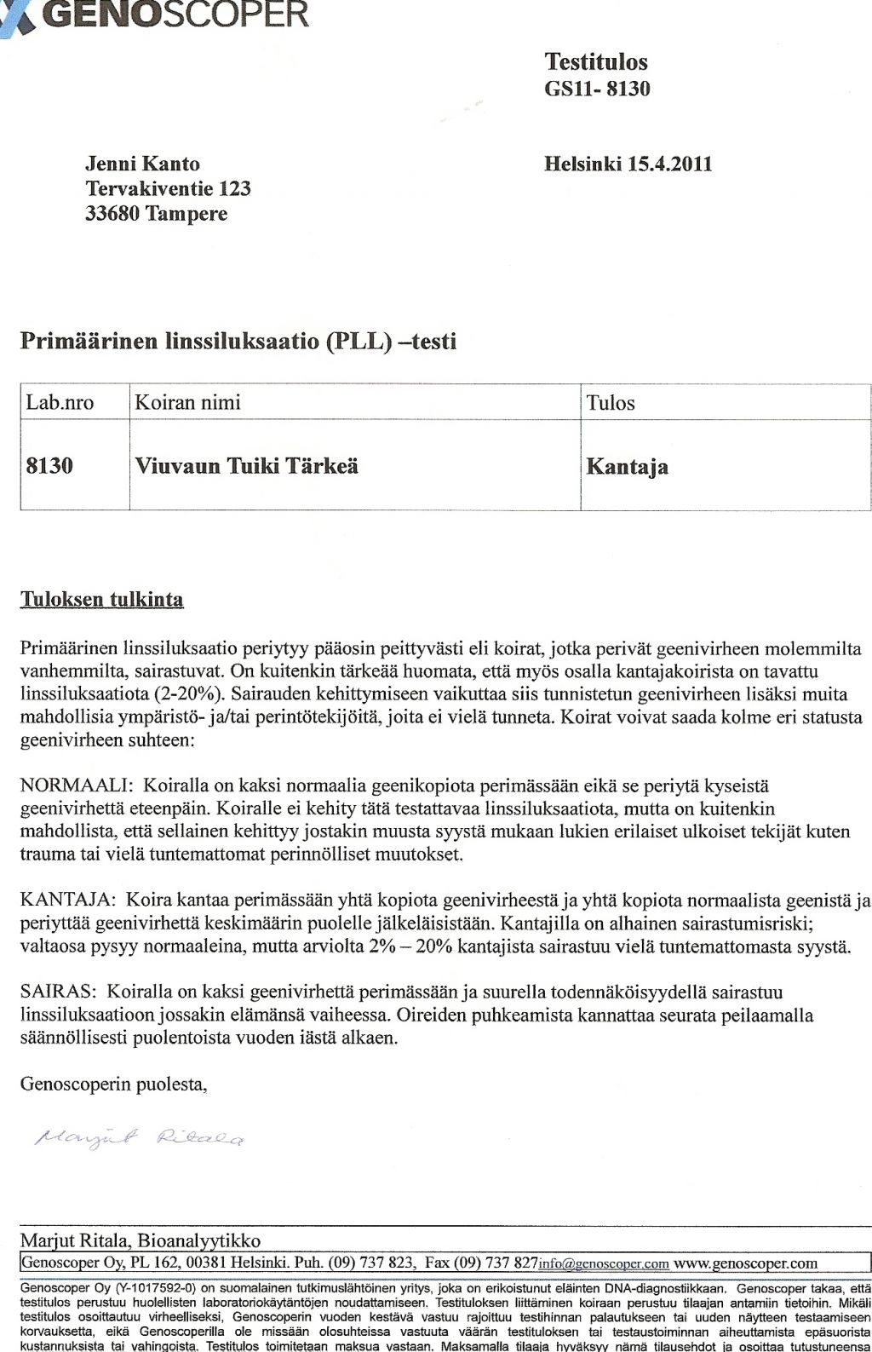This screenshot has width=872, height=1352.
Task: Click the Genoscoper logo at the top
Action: pos(158,14)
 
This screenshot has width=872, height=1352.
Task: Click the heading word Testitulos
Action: pos(596,61)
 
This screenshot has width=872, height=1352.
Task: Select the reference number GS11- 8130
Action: pos(597,88)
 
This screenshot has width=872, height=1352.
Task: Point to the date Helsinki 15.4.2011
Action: pos(628,164)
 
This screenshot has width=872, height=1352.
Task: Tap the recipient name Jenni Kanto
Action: pos(142,164)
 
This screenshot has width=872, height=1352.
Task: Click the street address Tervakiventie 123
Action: pos(168,188)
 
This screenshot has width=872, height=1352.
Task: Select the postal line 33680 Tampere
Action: pos(156,213)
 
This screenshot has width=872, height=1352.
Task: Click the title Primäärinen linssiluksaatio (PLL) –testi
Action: pos(238,342)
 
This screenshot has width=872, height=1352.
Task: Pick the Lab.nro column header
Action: pos(60,402)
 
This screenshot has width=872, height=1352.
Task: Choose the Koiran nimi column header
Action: pos(187,402)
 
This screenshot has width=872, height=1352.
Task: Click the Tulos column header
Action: pos(611,403)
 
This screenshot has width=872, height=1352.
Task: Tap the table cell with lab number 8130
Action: pos(49,466)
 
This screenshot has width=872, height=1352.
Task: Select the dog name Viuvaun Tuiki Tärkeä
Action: pos(246,466)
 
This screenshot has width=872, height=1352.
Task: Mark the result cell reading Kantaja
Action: pos(627,467)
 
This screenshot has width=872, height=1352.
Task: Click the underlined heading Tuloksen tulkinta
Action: pos(101,599)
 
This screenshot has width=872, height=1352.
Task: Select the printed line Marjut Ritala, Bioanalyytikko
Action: pos(141,1240)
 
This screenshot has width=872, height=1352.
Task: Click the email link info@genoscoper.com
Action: pos(604,1263)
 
